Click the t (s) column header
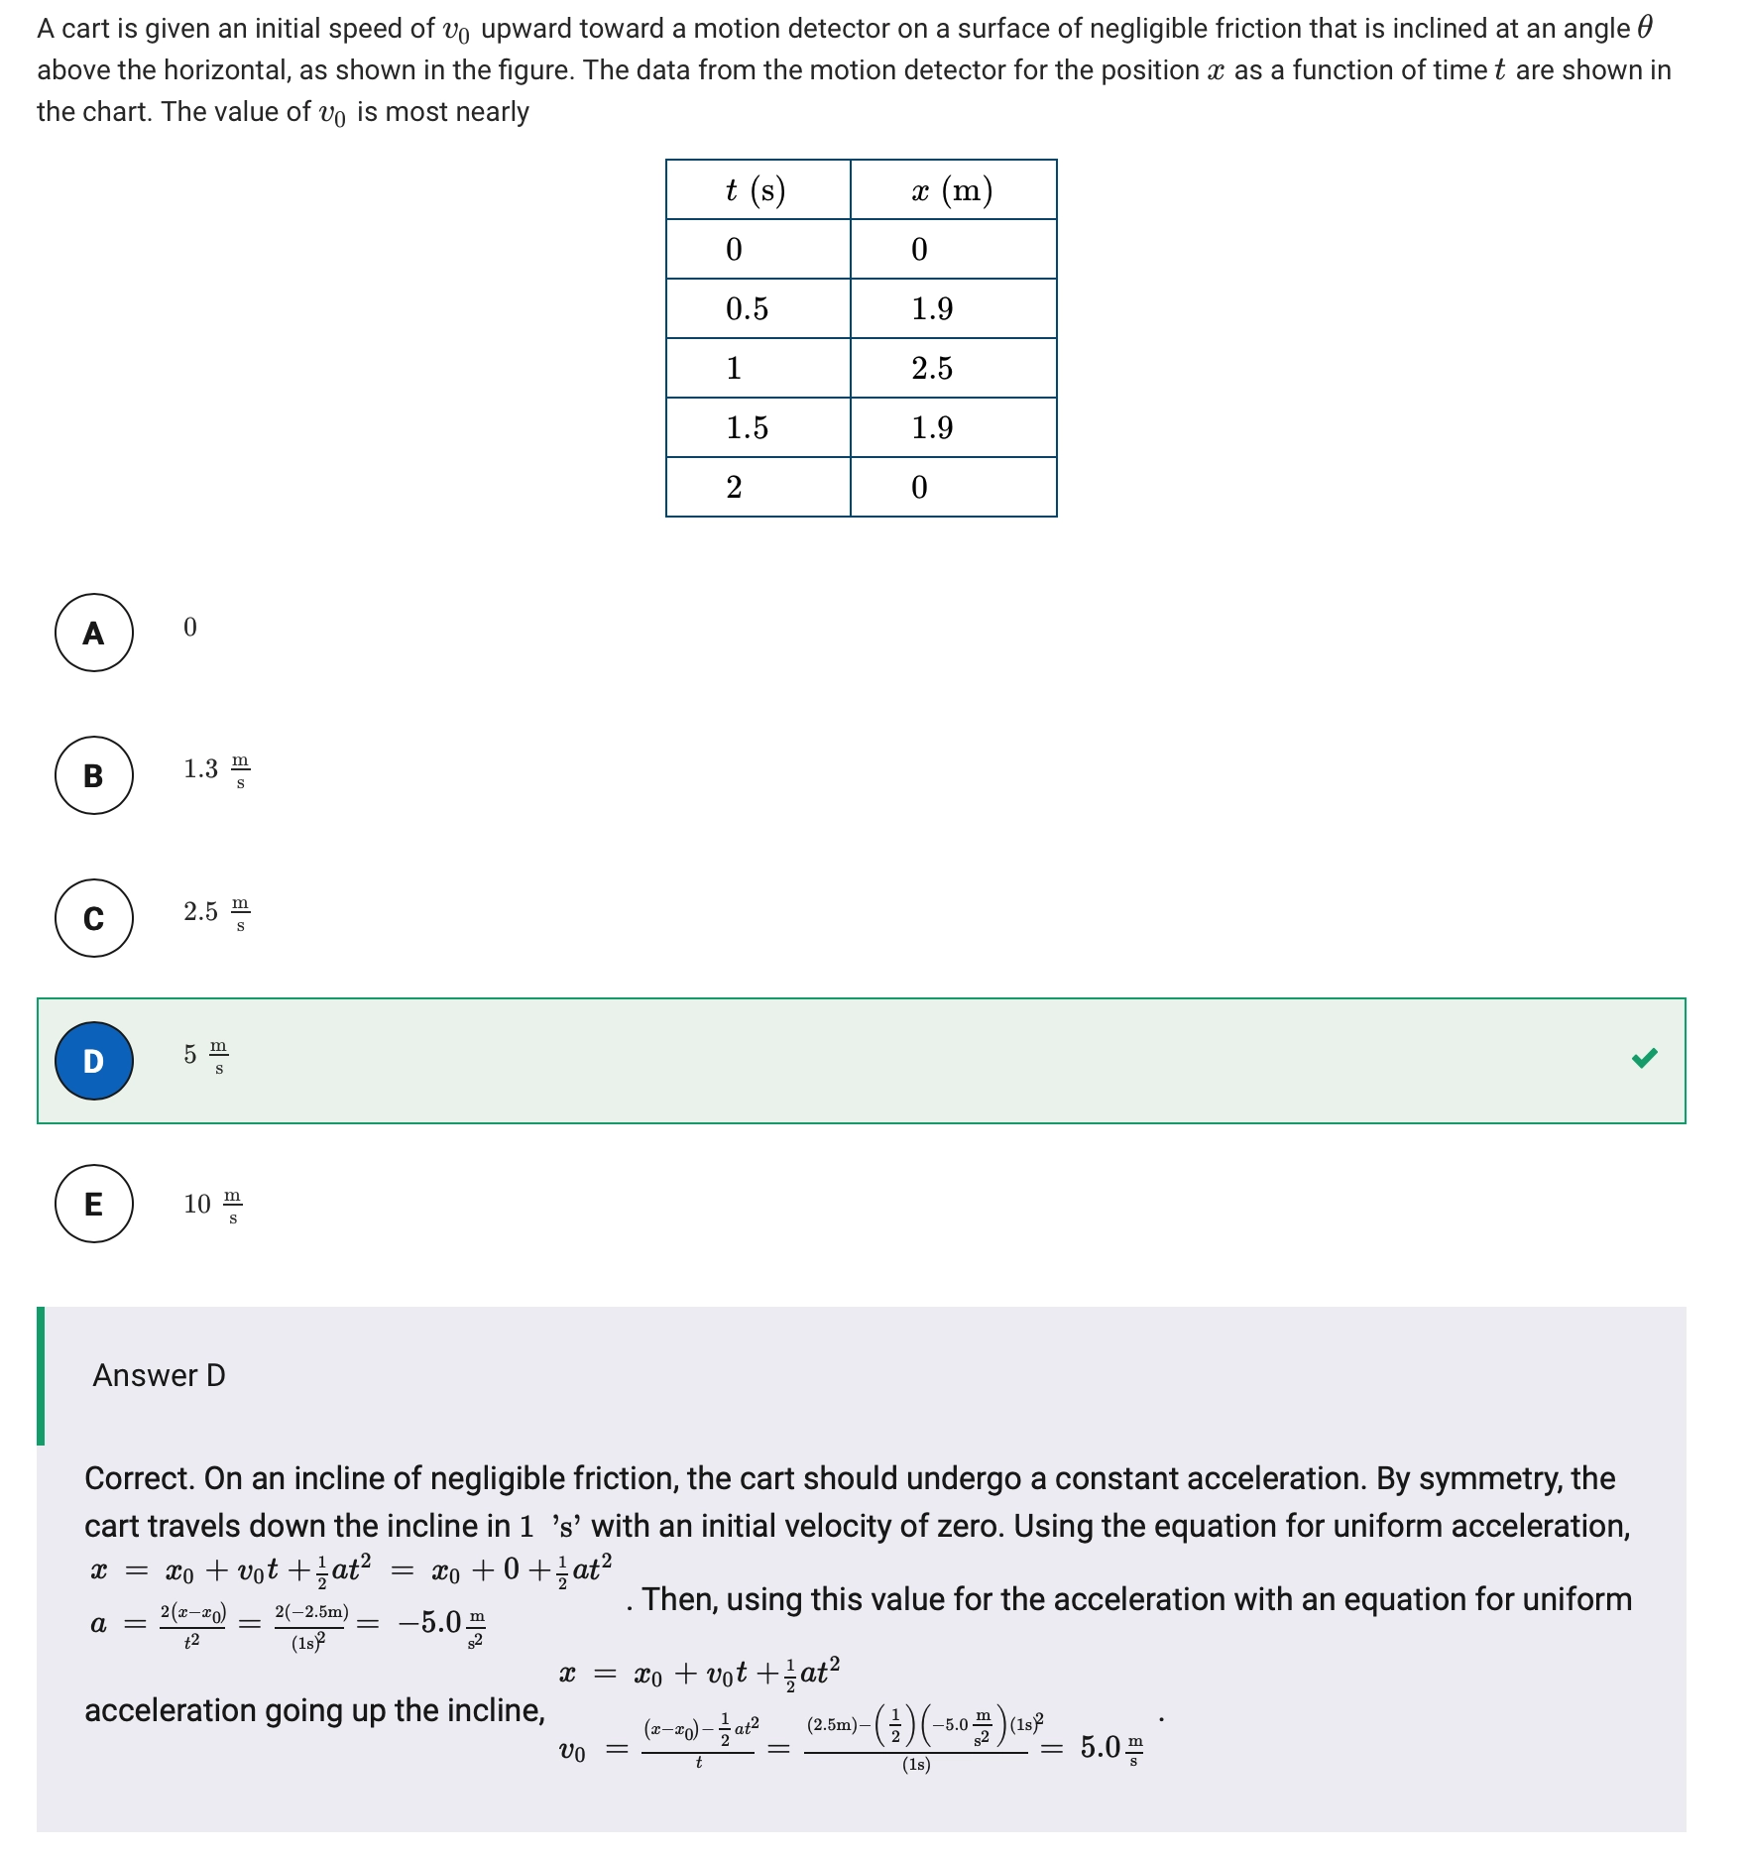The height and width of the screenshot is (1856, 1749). (757, 189)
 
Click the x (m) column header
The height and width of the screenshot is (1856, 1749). (952, 189)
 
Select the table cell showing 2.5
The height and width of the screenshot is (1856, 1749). (932, 368)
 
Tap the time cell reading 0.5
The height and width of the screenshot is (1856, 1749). (747, 308)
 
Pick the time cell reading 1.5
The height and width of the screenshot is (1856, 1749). (747, 427)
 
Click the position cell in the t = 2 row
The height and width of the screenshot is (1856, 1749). (920, 487)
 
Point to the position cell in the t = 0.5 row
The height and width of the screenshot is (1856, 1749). (932, 308)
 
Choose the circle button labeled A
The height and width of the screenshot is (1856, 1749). (94, 633)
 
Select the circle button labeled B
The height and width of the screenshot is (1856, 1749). (94, 775)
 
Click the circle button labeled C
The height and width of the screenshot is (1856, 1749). (94, 918)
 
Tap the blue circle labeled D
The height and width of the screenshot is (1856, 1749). (94, 1061)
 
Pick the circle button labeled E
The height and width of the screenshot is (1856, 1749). (94, 1204)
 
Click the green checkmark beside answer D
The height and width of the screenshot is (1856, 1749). (1644, 1058)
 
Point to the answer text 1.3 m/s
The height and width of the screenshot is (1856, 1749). (216, 769)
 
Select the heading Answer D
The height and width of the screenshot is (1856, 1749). (159, 1375)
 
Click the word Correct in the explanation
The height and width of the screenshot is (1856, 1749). (137, 1478)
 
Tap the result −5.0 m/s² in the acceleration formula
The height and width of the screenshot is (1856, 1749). (440, 1623)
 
